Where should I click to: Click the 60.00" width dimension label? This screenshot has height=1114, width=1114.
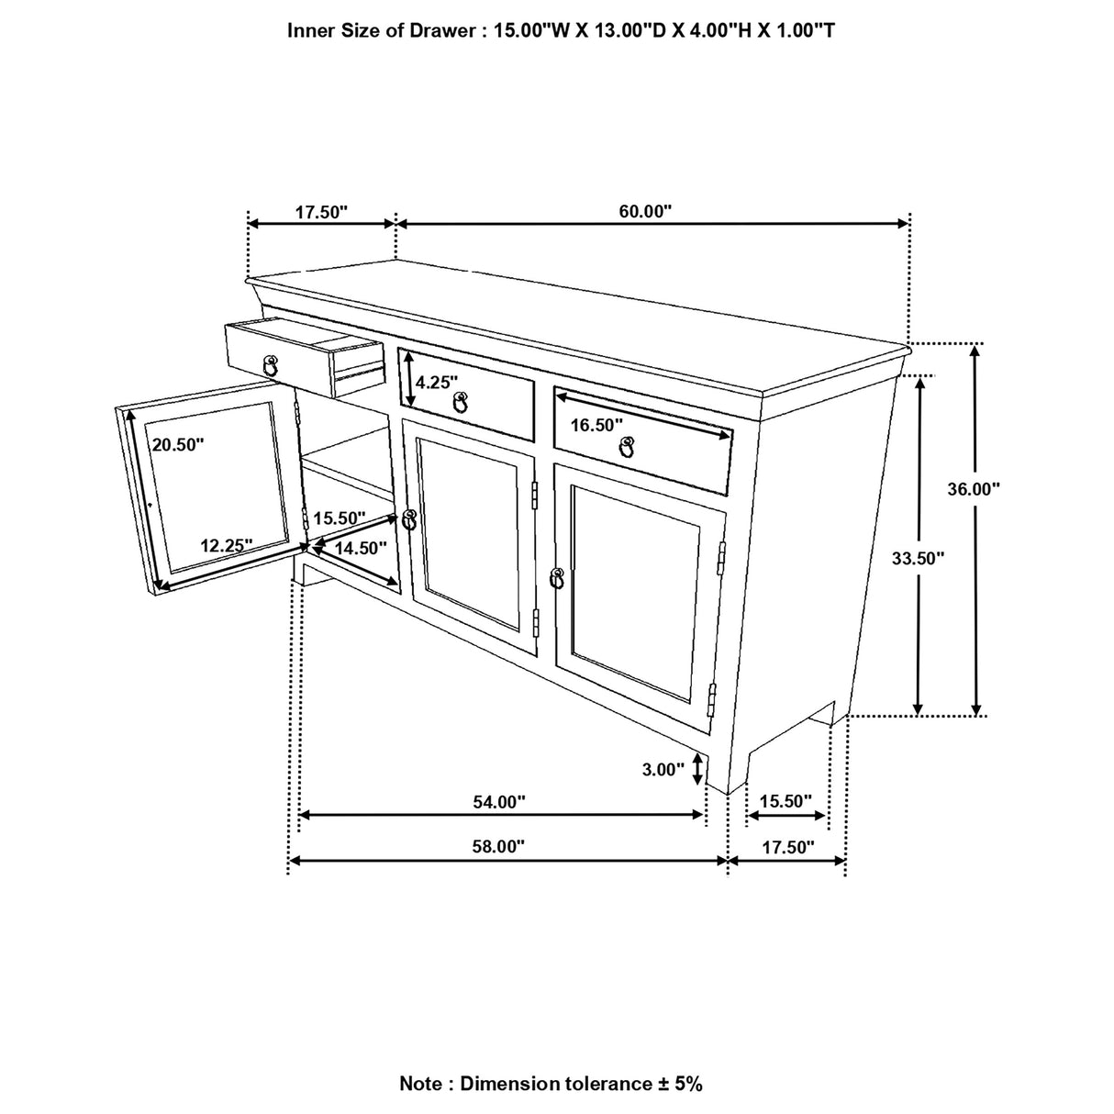645,212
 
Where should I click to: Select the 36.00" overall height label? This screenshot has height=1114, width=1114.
974,489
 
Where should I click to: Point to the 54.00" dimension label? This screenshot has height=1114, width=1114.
499,802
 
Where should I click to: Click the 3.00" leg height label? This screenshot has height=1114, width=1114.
664,770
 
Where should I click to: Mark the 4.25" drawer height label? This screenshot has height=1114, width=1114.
436,382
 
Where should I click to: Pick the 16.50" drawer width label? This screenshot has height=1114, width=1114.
596,424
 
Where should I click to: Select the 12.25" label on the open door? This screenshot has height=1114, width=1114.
227,545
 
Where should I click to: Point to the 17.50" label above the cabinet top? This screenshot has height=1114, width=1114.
321,212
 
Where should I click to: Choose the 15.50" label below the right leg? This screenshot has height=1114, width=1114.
786,801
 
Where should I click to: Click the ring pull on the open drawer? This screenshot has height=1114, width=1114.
270,364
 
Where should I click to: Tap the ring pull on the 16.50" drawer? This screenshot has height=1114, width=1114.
628,446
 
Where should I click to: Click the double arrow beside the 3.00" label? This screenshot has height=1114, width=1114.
700,769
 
